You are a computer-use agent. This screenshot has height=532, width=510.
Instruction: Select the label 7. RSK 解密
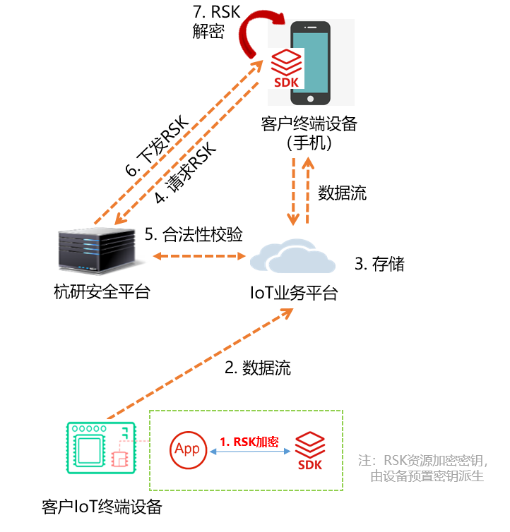(x=215, y=21)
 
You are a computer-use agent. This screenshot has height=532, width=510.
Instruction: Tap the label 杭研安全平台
(x=102, y=291)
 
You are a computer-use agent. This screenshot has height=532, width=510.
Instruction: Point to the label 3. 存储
(x=379, y=264)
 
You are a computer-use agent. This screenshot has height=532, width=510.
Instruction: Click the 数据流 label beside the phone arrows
(x=342, y=193)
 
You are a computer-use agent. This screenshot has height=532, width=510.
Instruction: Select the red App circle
(x=187, y=449)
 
